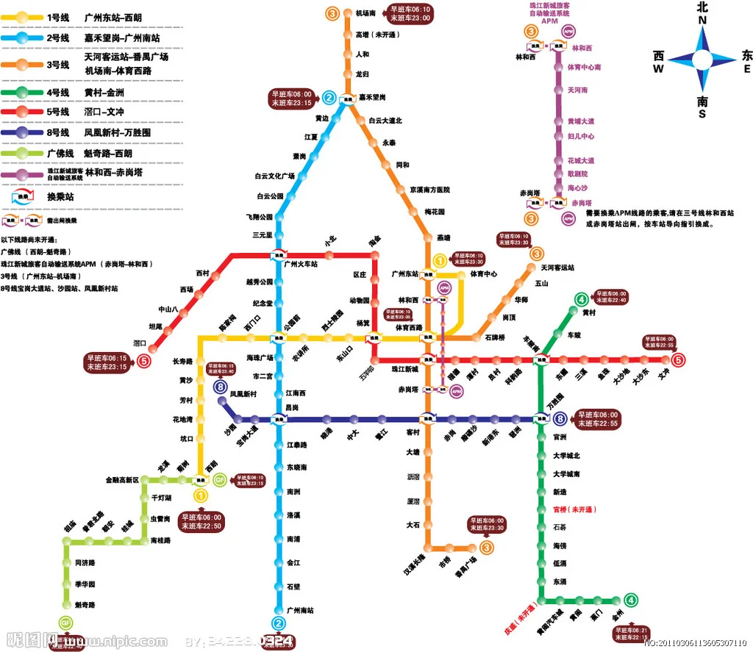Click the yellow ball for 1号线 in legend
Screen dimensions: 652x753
click(23, 16)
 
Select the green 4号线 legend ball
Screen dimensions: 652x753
click(23, 93)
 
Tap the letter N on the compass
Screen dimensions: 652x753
click(702, 21)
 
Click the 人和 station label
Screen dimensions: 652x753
click(363, 54)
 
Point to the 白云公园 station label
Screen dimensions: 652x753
click(269, 196)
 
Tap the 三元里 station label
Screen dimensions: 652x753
click(263, 235)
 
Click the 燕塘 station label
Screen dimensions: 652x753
click(443, 237)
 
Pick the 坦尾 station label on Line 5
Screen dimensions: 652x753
click(156, 326)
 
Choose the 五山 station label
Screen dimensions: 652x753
click(541, 283)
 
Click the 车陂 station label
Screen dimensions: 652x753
click(574, 334)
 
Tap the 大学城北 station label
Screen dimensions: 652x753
click(567, 455)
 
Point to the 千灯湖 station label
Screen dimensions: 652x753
click(161, 498)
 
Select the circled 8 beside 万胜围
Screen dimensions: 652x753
click(561, 419)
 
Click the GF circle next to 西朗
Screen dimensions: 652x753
click(219, 479)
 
